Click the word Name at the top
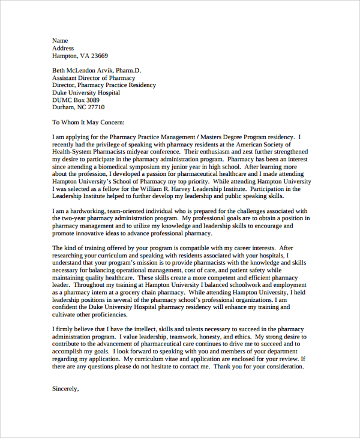coord(60,40)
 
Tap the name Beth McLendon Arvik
coord(88,70)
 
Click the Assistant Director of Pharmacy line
coord(94,77)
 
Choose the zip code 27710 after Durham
coord(96,107)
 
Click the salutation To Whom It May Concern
coord(88,122)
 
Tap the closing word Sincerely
coord(65,388)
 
